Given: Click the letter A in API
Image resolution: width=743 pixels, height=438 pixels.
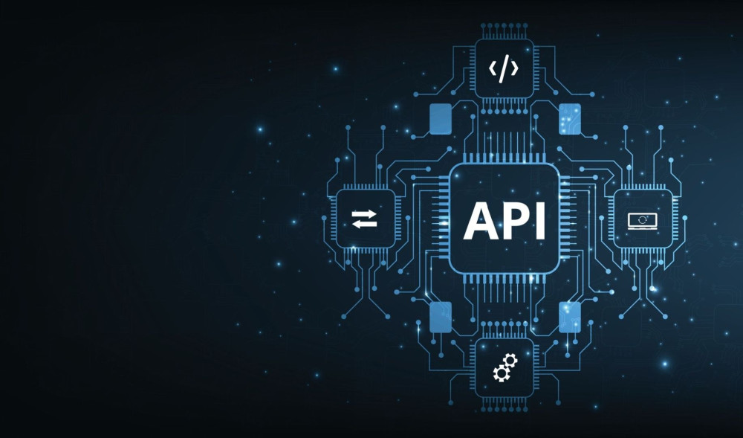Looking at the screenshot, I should (x=480, y=221).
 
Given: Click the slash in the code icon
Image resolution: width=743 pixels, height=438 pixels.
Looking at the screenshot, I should (x=504, y=69).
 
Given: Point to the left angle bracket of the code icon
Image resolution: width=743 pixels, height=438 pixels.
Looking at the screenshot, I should (x=493, y=69).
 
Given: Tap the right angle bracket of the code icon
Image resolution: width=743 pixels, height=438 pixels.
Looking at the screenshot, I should (x=516, y=69).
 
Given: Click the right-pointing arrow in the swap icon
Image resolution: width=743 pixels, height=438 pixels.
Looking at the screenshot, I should (x=365, y=213).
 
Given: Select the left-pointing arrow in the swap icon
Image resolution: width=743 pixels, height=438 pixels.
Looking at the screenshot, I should (x=365, y=224).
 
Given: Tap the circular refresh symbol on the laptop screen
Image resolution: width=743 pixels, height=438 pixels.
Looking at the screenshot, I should (x=642, y=219).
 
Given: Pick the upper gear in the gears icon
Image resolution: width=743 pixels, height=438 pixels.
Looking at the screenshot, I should (x=509, y=361).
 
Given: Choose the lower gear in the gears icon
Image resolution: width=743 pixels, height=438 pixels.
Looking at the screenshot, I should (x=500, y=372).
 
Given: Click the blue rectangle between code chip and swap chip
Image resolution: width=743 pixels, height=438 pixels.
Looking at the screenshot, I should (x=440, y=119).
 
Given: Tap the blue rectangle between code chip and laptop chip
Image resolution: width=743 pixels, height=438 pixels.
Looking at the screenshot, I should (x=569, y=119).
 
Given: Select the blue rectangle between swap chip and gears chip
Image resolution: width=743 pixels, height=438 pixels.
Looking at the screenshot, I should (x=440, y=317).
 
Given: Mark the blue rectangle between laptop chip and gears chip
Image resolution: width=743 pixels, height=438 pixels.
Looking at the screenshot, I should (x=569, y=317).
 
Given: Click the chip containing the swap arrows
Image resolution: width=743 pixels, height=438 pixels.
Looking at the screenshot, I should (x=365, y=218).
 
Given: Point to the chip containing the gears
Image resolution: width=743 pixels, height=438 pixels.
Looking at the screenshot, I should (x=504, y=367).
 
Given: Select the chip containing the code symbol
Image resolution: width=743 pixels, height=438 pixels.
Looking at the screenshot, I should (x=504, y=69).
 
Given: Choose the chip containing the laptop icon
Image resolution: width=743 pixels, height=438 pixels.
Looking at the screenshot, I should (x=642, y=218).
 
